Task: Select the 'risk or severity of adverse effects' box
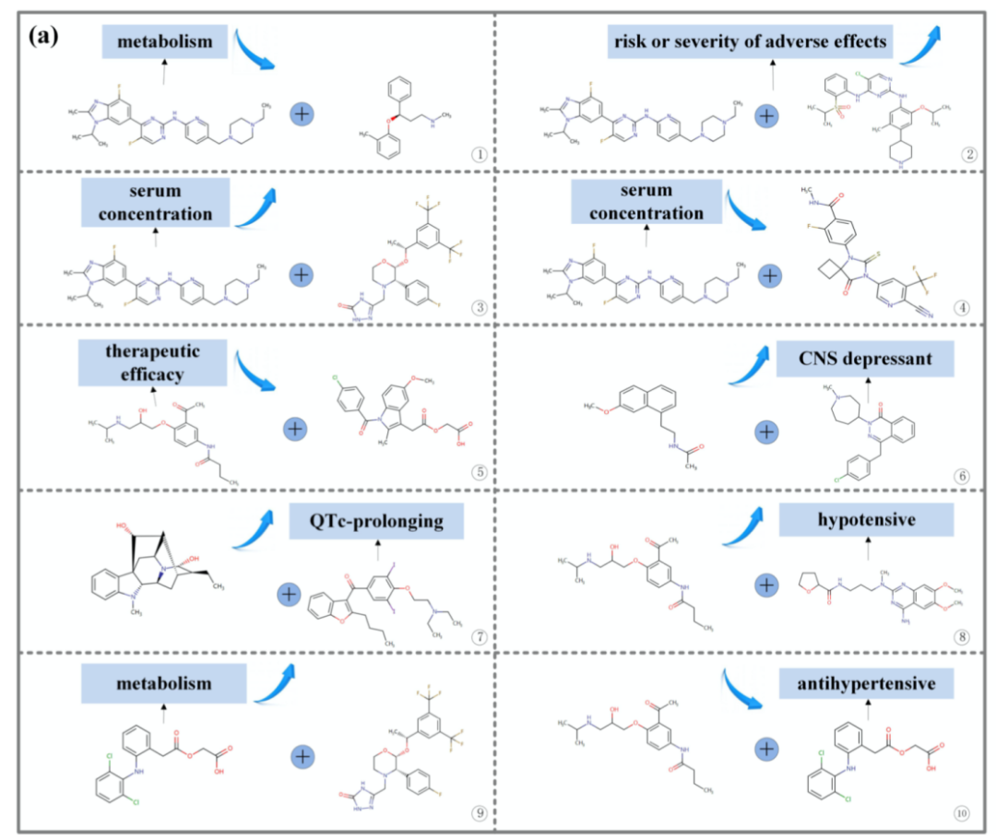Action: (x=748, y=41)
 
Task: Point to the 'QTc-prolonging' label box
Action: (x=375, y=522)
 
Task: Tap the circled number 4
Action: (x=963, y=307)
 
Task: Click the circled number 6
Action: (x=963, y=477)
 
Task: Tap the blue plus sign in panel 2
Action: (x=766, y=115)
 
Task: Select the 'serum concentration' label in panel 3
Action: (x=154, y=201)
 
